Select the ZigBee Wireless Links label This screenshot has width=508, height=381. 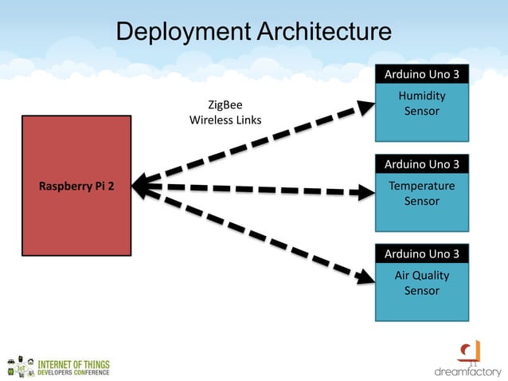point(225,112)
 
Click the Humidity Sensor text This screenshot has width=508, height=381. point(421,104)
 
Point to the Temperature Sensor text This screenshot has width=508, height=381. point(421,194)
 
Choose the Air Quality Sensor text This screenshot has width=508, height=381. point(421,283)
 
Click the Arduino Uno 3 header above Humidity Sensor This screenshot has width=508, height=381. point(421,75)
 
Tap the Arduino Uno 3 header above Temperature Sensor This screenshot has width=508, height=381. point(421,165)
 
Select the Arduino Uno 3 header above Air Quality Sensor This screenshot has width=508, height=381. point(421,254)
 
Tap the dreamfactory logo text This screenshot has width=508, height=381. point(467,371)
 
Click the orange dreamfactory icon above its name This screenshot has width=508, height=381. point(469,351)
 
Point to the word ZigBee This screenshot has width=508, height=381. point(225,105)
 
